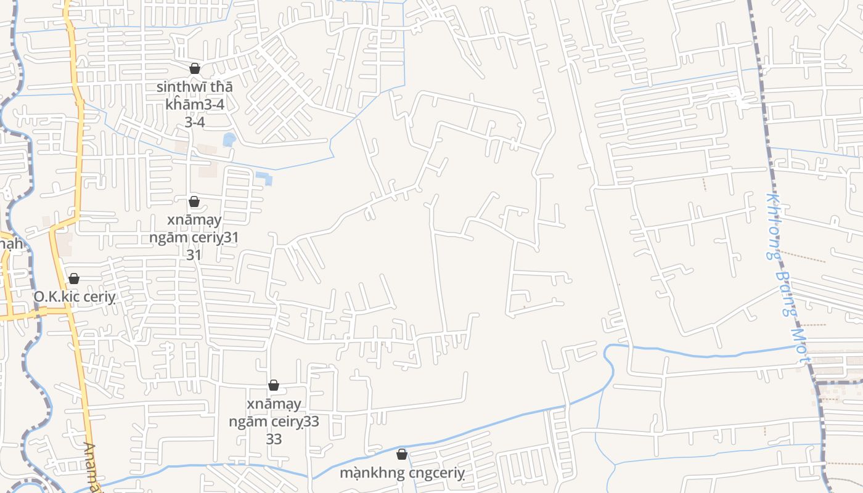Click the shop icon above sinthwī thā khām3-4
tap(195, 68)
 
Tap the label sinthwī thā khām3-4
tap(195, 96)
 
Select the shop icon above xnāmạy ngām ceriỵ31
tap(194, 202)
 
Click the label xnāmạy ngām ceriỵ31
tap(194, 229)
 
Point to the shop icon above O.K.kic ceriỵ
tap(74, 279)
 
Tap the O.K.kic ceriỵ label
tap(75, 297)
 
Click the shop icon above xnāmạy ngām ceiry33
tap(274, 385)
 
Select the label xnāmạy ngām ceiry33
tap(274, 413)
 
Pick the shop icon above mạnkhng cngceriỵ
tap(402, 454)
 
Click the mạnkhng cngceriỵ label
tap(402, 473)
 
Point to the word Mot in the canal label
tap(800, 348)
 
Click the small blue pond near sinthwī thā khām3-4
tap(229, 140)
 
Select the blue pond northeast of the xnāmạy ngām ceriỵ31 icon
tap(264, 179)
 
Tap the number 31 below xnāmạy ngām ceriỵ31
tap(194, 255)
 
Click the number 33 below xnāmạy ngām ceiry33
tap(274, 439)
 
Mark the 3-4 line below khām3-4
tap(195, 122)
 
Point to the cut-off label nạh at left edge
tap(11, 244)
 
